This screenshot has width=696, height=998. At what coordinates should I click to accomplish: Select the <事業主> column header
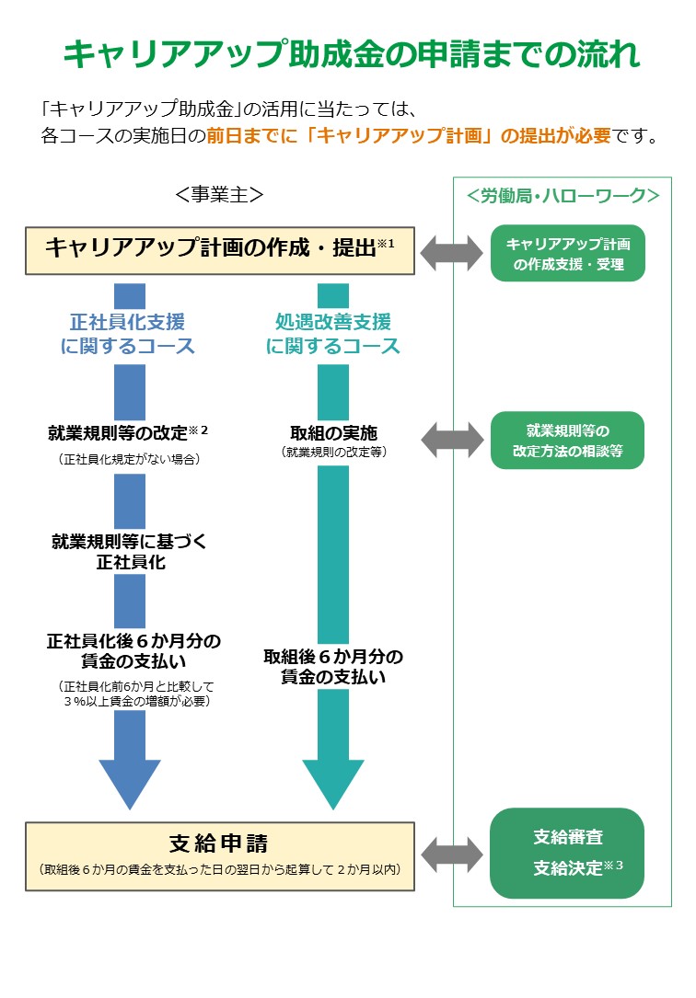(x=219, y=195)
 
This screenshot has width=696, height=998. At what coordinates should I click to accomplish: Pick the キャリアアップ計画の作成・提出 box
(x=220, y=248)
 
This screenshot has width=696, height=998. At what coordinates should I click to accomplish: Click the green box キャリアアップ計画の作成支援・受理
(x=568, y=254)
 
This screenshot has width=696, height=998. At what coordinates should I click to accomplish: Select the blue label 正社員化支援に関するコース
(x=128, y=334)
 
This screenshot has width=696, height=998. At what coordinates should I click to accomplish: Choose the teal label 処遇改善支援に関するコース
(x=333, y=334)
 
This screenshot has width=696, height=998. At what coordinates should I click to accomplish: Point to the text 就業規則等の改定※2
(x=128, y=432)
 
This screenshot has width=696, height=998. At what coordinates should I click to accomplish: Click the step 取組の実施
(x=333, y=432)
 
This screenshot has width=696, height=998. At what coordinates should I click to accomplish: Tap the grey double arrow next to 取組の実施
(x=452, y=440)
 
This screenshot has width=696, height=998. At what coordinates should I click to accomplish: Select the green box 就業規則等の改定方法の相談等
(x=568, y=441)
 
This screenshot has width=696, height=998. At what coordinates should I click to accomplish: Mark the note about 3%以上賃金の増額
(x=134, y=694)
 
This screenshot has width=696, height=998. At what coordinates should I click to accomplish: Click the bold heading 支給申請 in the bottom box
(x=219, y=843)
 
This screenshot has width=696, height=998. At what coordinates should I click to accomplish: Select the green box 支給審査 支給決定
(x=568, y=853)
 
